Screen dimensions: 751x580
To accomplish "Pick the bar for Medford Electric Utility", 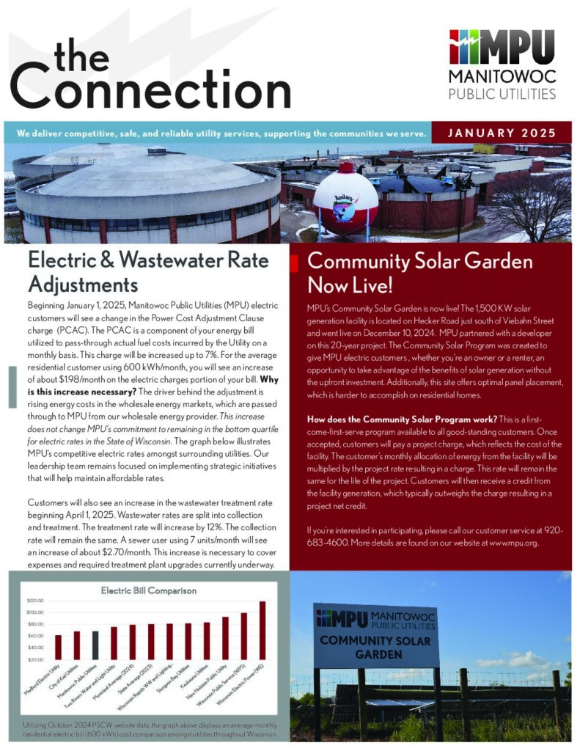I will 58,647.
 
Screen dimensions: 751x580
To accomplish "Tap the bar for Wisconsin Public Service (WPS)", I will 244,637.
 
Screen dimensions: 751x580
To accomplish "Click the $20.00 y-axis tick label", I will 37,659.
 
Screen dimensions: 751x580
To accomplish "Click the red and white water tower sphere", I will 345,202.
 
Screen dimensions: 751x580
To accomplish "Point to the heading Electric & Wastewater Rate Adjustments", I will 147,271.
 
